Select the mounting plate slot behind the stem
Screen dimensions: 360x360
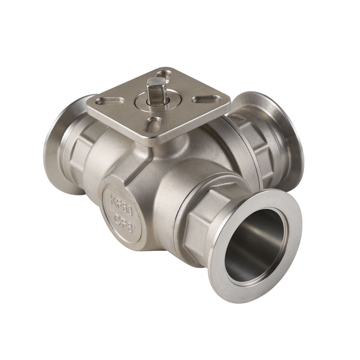tap(164, 75)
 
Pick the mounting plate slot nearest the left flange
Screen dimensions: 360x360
tap(110, 100)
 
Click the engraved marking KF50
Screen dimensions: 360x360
tap(122, 204)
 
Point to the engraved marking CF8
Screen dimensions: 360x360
tap(124, 222)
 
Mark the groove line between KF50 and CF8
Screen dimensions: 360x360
tap(122, 214)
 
